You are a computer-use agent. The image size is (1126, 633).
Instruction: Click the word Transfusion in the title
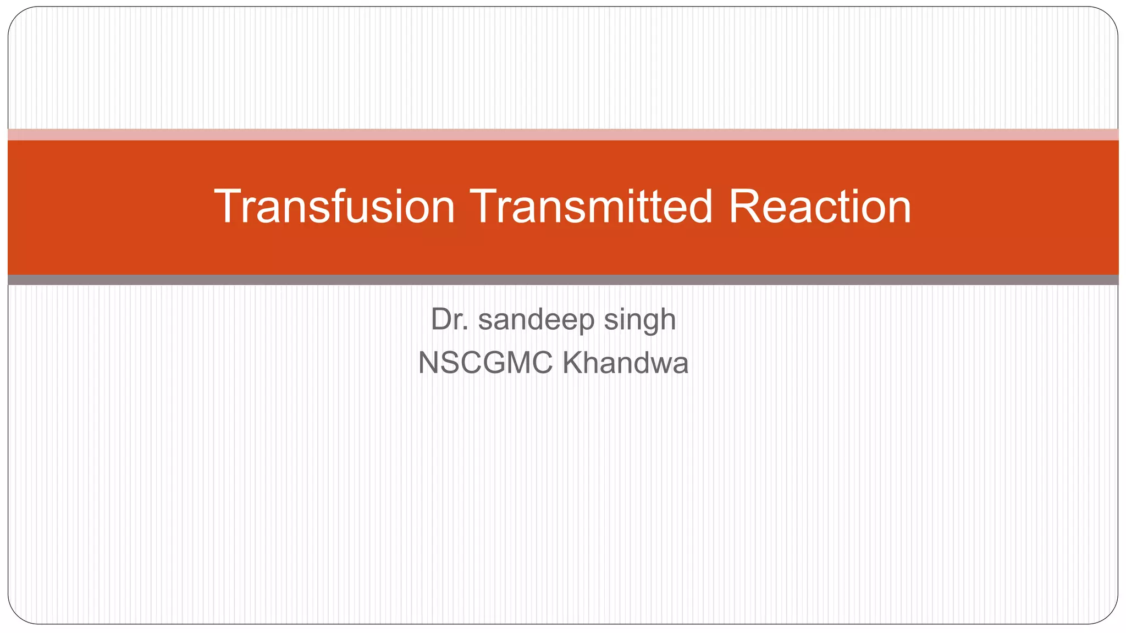[334, 207]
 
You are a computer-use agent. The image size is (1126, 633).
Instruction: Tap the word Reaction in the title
[820, 207]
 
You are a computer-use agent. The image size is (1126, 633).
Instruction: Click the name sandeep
[536, 320]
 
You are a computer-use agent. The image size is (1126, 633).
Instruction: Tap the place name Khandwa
[625, 363]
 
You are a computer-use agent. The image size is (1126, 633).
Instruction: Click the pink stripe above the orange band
[563, 135]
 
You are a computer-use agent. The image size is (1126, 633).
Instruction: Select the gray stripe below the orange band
[563, 280]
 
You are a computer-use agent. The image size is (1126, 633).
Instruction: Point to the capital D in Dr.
[441, 319]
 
